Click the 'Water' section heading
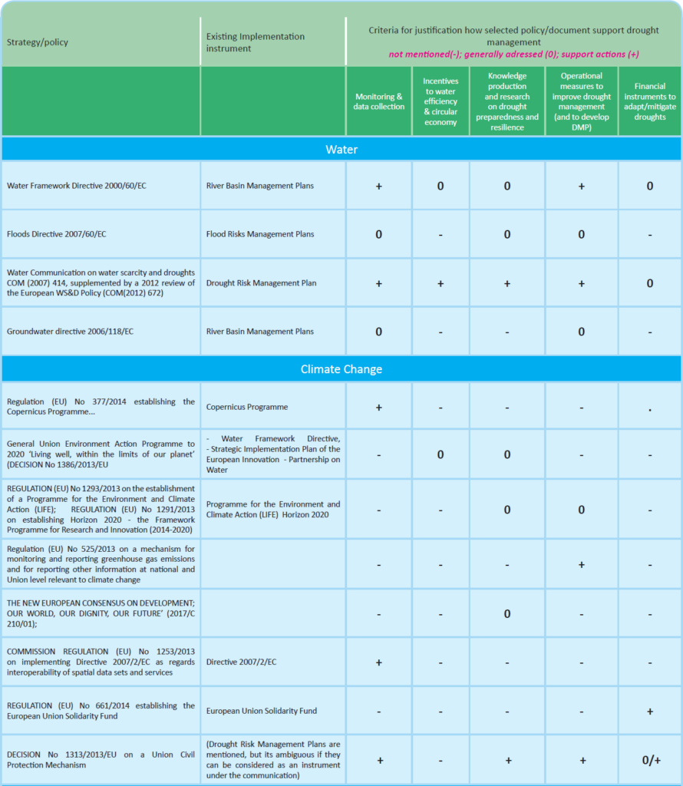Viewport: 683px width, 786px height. (x=341, y=149)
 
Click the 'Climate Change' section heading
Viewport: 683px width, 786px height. (x=341, y=369)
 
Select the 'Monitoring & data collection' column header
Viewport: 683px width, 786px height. (x=379, y=101)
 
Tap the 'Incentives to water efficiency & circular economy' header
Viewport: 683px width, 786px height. (x=440, y=101)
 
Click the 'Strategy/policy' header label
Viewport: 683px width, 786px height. (x=38, y=42)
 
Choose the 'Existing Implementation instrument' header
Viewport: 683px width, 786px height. (x=255, y=42)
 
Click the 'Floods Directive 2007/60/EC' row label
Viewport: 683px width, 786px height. (x=56, y=234)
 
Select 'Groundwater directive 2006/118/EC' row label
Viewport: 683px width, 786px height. (x=70, y=332)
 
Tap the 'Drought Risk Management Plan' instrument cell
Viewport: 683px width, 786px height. (x=261, y=283)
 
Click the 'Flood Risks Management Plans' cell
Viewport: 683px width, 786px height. (x=259, y=234)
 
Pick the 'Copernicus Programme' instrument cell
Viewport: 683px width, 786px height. (x=246, y=407)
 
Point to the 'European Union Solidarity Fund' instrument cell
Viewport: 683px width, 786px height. (x=262, y=711)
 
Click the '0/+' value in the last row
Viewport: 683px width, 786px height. (x=649, y=760)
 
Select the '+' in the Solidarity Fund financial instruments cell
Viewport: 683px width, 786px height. (x=649, y=712)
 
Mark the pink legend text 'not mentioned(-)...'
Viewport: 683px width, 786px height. (x=513, y=54)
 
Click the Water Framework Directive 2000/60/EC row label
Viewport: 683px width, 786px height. (x=76, y=186)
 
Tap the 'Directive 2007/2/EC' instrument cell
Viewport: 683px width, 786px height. (x=242, y=662)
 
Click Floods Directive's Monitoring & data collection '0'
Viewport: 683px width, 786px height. (x=379, y=235)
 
